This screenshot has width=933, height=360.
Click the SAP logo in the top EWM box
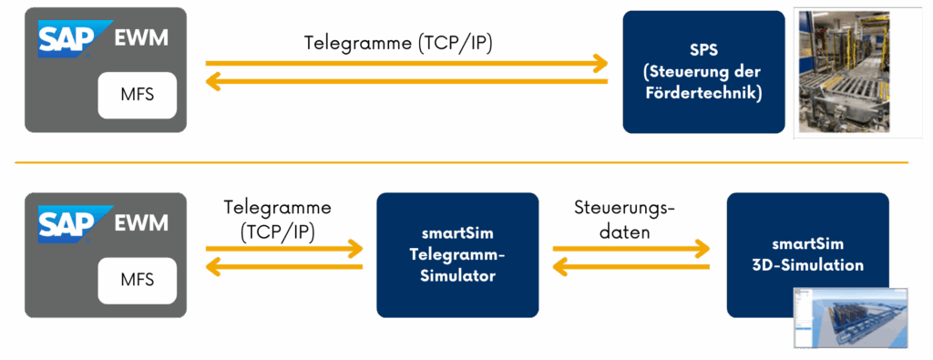pyautogui.click(x=76, y=38)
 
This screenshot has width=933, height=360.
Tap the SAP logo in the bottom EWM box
pyautogui.click(x=76, y=224)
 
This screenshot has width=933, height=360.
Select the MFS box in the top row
pyautogui.click(x=138, y=95)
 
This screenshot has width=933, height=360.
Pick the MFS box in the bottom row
pyautogui.click(x=138, y=281)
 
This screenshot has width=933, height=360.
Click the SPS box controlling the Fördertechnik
pyautogui.click(x=703, y=71)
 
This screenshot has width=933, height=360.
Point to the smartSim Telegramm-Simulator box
pyautogui.click(x=457, y=254)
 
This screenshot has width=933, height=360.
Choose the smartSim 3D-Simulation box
pyautogui.click(x=807, y=254)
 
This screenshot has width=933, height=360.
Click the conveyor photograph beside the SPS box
pyautogui.click(x=845, y=71)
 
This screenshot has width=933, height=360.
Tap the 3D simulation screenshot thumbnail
pyautogui.click(x=850, y=317)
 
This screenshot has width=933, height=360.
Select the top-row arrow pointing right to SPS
pyautogui.click(x=406, y=63)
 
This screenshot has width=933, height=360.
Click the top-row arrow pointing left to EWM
pyautogui.click(x=406, y=82)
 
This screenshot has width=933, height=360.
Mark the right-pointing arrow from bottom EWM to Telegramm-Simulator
pyautogui.click(x=284, y=248)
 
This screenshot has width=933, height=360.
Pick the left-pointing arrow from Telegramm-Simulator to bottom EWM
pyautogui.click(x=284, y=267)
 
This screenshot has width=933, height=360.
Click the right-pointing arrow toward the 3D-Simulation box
pyautogui.click(x=631, y=248)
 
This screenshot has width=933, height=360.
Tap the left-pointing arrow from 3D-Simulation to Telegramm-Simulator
pyautogui.click(x=631, y=267)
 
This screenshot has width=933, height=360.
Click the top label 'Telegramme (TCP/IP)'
pyautogui.click(x=399, y=44)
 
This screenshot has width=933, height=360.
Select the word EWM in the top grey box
pyautogui.click(x=141, y=39)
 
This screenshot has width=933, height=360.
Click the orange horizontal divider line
pyautogui.click(x=462, y=162)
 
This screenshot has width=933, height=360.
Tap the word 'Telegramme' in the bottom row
pyautogui.click(x=278, y=208)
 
